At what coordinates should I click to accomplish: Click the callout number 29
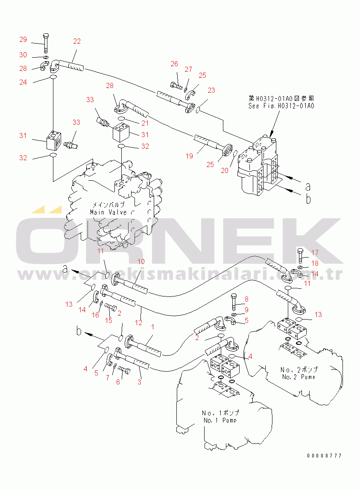[23, 40]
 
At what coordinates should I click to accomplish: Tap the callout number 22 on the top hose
[76, 41]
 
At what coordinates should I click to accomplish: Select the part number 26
[174, 64]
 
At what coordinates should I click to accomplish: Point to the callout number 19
[189, 156]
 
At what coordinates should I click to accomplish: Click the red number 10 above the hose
[140, 261]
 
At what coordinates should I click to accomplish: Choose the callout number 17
[315, 252]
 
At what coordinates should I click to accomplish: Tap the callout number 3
[139, 382]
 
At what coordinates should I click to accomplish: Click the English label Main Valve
[108, 212]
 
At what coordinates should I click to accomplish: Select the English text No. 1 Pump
[220, 420]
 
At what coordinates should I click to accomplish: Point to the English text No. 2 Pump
[299, 377]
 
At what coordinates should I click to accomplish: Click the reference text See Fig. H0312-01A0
[281, 106]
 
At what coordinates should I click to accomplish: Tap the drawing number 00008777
[324, 456]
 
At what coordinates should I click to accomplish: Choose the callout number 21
[145, 123]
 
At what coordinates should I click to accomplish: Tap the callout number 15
[109, 320]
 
